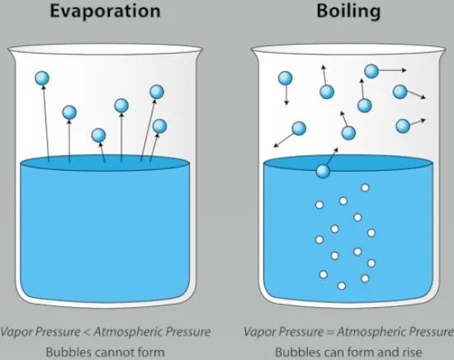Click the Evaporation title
105,12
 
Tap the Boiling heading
348,12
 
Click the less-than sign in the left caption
87,332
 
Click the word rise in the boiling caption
411,353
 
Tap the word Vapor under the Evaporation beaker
15,332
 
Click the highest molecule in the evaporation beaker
42,78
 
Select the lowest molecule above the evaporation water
98,135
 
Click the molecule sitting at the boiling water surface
323,171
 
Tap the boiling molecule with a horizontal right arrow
371,71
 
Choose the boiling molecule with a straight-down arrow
286,78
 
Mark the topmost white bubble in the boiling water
365,188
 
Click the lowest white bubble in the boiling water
342,287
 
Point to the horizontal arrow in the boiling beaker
392,70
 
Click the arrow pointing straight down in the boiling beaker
286,95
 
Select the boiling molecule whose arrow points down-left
299,129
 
